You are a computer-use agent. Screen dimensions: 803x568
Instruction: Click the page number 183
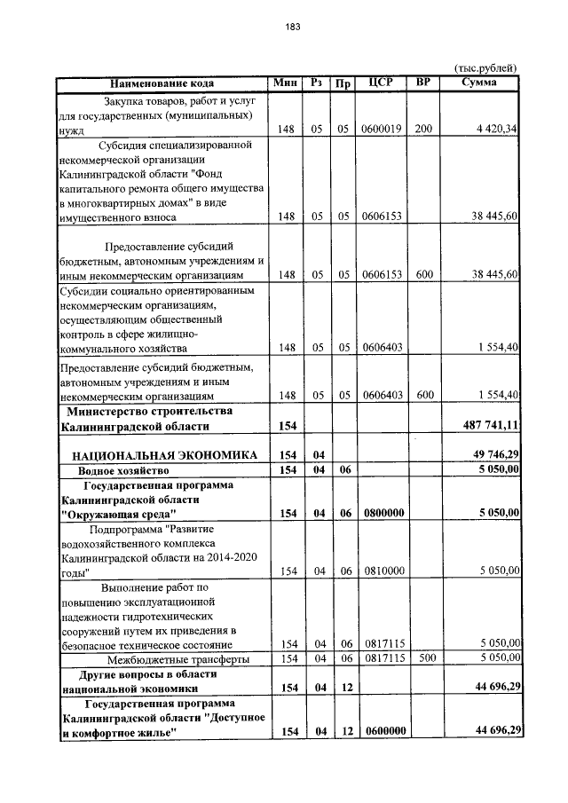tap(293, 27)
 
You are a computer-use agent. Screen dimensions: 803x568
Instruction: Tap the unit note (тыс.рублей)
tap(485, 68)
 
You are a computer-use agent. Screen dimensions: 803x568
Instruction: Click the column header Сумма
tap(479, 83)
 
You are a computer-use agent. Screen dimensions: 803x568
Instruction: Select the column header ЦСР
tap(382, 83)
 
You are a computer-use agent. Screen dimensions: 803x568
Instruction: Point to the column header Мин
tap(286, 83)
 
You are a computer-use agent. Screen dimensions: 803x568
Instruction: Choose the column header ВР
tap(423, 83)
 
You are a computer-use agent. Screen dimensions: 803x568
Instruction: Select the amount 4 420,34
tap(497, 129)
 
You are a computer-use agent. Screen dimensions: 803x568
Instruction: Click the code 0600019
tap(382, 129)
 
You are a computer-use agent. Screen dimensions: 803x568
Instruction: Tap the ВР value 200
tap(423, 129)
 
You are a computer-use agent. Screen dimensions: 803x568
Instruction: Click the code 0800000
tap(382, 513)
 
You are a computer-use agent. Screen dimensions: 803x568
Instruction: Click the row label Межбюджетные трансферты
tap(177, 658)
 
